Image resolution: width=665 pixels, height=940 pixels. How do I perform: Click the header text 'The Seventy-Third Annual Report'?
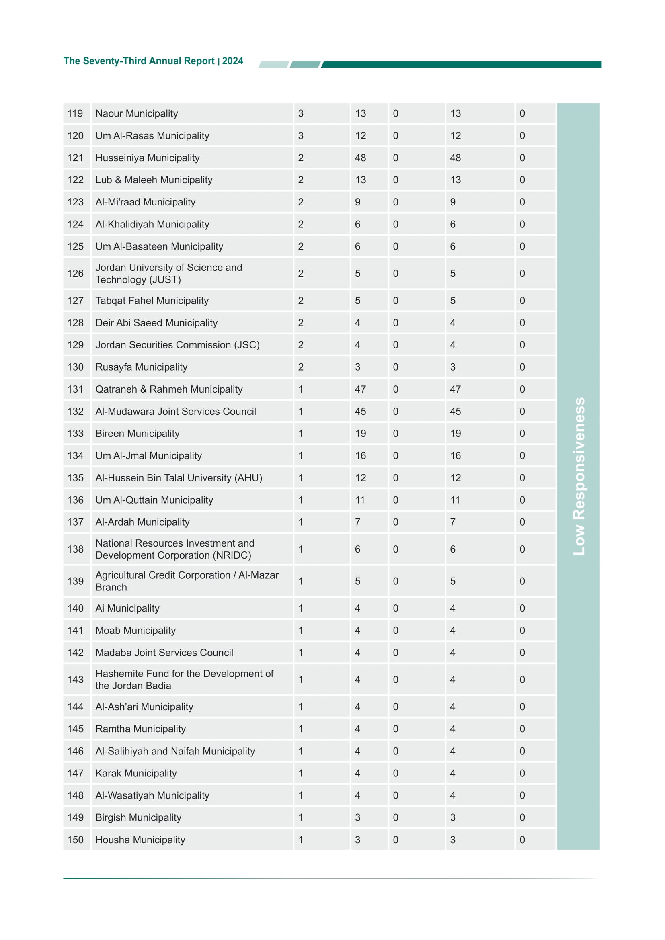139,61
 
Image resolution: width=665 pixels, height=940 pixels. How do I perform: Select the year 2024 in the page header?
232,61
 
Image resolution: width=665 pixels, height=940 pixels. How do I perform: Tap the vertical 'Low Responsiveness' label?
579,476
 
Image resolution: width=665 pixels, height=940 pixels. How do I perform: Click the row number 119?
75,113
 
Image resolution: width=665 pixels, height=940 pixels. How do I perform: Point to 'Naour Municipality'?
137,113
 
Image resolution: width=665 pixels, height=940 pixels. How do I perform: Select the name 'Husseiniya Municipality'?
148,158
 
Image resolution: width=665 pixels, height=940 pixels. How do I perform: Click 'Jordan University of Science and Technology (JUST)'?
169,274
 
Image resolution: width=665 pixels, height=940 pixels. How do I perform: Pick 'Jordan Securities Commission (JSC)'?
177,345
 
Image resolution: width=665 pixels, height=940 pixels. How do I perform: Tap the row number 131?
75,389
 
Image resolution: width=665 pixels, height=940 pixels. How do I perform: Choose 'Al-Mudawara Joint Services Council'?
176,411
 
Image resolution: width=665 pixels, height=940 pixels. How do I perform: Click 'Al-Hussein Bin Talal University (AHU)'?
179,478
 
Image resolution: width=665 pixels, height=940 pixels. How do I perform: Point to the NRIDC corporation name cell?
175,549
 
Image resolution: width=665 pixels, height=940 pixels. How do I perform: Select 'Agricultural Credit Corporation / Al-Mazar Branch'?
187,581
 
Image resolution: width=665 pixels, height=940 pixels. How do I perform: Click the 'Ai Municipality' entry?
127,608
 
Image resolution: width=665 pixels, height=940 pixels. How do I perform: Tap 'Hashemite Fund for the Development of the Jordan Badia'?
184,679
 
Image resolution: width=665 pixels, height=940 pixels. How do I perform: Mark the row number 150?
75,840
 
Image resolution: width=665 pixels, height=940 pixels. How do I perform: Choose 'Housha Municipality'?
140,840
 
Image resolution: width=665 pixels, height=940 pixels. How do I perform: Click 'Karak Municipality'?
136,773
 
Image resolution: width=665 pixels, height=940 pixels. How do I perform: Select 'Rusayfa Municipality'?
141,367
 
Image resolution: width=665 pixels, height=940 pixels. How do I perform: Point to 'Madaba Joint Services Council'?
164,653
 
